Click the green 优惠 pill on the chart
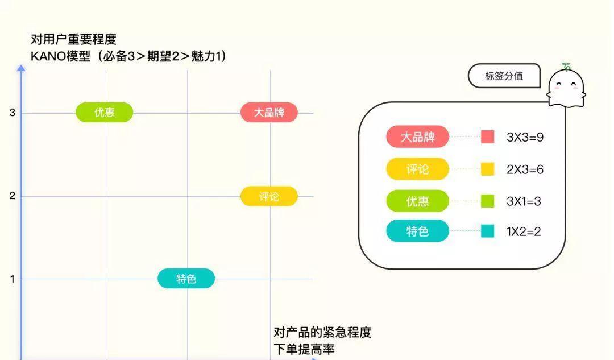[104, 113]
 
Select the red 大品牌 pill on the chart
[269, 113]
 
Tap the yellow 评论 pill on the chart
[269, 196]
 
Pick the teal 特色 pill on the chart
[186, 279]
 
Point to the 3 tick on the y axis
[12, 113]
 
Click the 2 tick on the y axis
[12, 196]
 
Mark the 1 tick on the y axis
[12, 279]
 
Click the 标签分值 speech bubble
[504, 76]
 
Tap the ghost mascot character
[566, 86]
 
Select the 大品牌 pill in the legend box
[417, 136]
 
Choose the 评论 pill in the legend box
[417, 169]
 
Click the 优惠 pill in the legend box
[417, 201]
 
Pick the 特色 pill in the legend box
[417, 231]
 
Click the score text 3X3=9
[525, 137]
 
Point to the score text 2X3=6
[525, 169]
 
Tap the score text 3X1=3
[524, 201]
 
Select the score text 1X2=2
[524, 231]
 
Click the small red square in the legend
[488, 136]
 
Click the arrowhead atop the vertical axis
[21, 68]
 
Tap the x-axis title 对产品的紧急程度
[322, 332]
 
